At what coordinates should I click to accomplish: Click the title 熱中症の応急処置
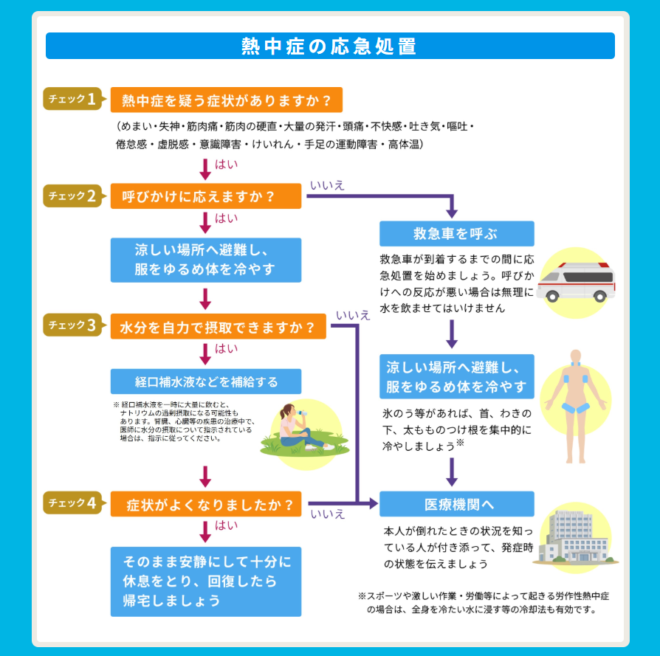[x=329, y=46]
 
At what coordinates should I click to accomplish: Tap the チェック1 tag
[x=73, y=99]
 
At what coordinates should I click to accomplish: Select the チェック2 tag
[x=73, y=196]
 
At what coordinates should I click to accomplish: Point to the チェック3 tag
[x=73, y=325]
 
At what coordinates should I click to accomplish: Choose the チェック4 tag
[x=73, y=503]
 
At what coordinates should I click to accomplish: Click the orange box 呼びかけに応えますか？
[x=206, y=196]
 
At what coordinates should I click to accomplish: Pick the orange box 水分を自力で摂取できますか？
[x=218, y=326]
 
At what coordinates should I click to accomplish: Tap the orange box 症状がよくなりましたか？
[x=206, y=504]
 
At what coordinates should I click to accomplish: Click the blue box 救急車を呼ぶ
[x=457, y=233]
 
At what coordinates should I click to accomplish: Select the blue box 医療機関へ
[x=457, y=504]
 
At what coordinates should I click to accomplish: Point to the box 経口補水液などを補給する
[x=206, y=381]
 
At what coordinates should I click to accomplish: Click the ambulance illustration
[x=576, y=283]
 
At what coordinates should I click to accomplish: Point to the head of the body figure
[x=575, y=356]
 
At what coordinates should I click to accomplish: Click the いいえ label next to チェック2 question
[x=327, y=185]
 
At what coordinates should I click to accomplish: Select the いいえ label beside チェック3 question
[x=353, y=315]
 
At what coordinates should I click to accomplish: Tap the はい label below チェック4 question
[x=226, y=525]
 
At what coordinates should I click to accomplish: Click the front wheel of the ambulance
[x=552, y=297]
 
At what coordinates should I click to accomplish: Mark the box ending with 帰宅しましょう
[x=206, y=581]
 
